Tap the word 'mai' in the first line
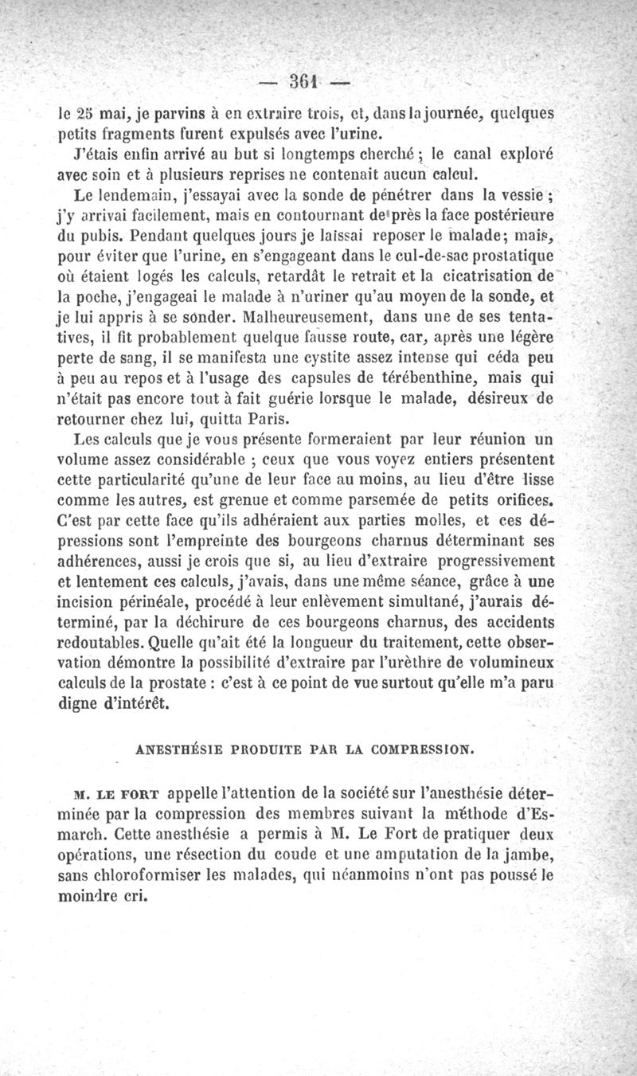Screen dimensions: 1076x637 (x=93, y=114)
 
